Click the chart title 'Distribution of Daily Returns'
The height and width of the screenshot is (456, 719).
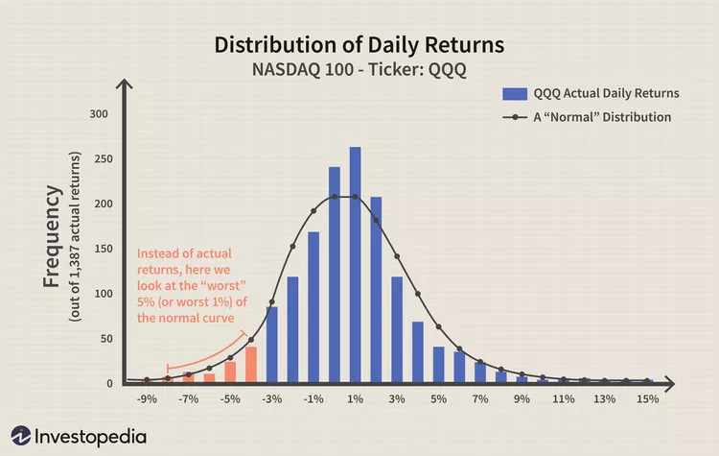[359, 45]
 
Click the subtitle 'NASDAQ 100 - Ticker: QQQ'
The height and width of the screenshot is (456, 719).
[359, 69]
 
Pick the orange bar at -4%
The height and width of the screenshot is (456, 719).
[251, 365]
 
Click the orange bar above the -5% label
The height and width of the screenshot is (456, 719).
[230, 372]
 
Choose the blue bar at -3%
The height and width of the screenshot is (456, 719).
[272, 345]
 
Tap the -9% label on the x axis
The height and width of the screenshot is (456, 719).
[147, 397]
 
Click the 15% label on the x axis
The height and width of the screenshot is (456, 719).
[648, 397]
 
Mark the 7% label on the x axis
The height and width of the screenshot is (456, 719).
[480, 397]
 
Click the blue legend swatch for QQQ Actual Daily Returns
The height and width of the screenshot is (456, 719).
[515, 93]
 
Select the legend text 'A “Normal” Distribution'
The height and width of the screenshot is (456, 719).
[602, 117]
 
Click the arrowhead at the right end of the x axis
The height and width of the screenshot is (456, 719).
[684, 384]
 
